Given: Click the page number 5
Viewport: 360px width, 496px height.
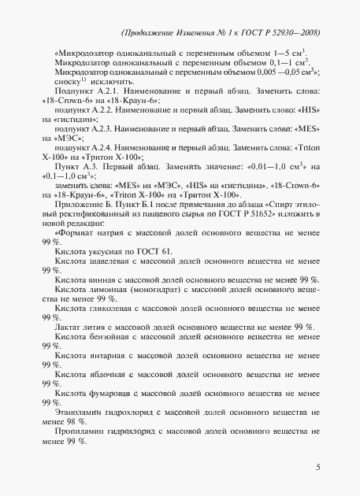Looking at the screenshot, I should [x=317, y=468].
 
